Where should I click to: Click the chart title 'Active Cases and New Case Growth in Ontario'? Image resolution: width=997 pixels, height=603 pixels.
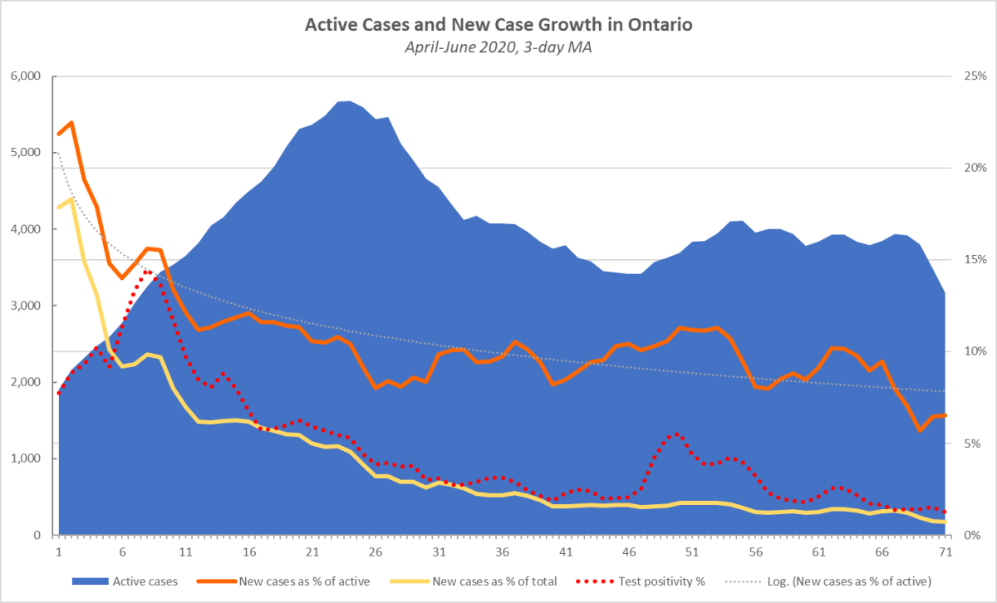click(x=498, y=25)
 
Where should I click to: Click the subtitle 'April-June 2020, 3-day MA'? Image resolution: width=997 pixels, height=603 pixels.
click(x=498, y=47)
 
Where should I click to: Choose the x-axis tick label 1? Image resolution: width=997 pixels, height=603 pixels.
click(x=59, y=552)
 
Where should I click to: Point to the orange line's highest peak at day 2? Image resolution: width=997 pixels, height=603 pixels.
click(x=71, y=122)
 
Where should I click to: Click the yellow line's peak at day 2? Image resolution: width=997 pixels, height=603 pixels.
click(x=71, y=199)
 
